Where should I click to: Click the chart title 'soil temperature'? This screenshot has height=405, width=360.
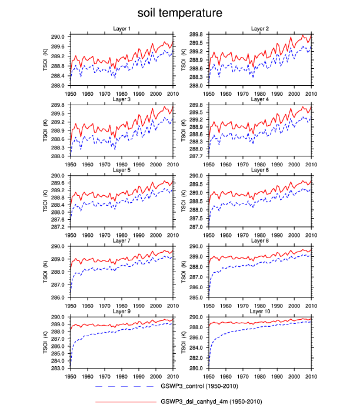[x=180, y=12]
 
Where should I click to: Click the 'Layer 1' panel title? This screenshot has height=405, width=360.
[x=122, y=29]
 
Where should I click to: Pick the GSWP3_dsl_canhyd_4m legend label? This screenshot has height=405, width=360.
[x=211, y=401]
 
